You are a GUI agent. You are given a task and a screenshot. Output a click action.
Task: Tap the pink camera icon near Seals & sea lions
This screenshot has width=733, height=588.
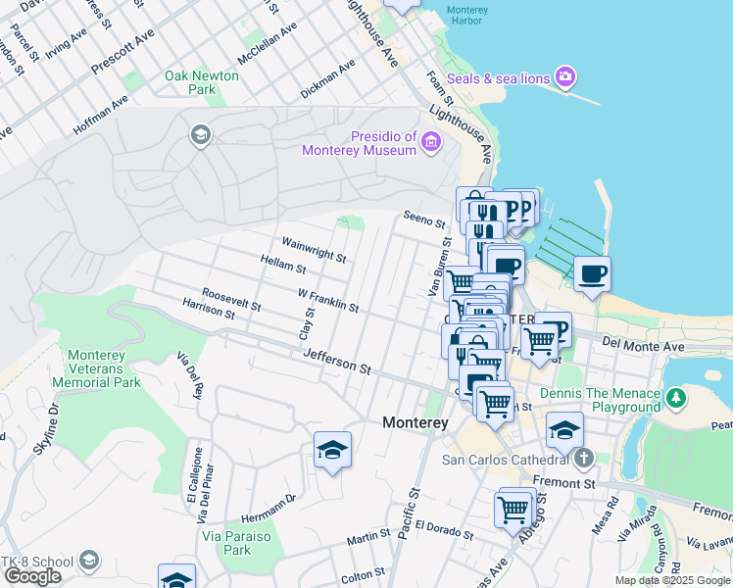pos(565,76)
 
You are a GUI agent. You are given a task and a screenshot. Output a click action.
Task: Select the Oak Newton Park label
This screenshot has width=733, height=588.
pos(202,82)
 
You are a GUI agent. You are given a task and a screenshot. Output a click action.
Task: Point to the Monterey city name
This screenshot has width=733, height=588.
pos(415,422)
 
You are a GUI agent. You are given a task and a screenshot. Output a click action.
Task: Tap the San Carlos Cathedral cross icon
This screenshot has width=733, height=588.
pos(584,458)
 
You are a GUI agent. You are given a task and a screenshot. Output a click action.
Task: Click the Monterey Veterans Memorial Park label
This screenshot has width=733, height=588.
pos(104,368)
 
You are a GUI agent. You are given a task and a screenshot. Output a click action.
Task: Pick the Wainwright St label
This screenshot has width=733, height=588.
pos(314,249)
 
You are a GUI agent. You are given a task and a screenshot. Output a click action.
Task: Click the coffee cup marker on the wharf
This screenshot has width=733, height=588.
pos(592,273)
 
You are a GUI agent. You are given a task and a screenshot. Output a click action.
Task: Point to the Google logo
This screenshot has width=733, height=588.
pos(31,576)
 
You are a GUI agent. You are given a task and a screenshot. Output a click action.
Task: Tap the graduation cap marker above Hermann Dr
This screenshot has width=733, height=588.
pos(332,450)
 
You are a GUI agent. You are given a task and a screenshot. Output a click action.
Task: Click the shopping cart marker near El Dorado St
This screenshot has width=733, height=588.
pos(513,509)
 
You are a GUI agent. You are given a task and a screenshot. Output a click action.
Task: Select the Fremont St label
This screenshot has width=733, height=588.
pos(564,483)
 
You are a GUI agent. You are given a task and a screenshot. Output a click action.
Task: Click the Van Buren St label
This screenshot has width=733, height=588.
pos(437,266)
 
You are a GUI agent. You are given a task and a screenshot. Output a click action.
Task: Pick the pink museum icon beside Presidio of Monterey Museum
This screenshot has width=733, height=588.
pos(430,144)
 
